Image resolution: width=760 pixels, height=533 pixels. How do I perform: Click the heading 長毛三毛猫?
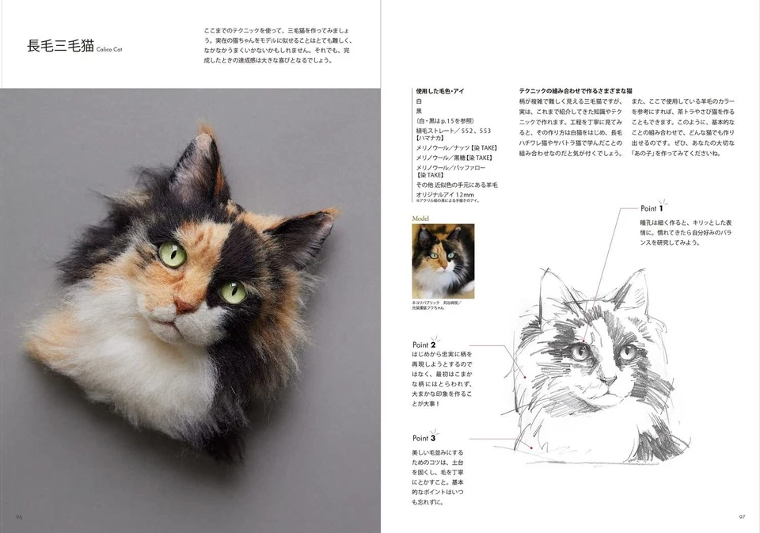[x=60, y=46]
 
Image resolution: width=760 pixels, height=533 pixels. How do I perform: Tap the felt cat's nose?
[x=184, y=306]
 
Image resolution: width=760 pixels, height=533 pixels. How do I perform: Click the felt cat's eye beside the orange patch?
[x=173, y=254]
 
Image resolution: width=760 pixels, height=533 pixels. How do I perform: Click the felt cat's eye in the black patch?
[x=232, y=291]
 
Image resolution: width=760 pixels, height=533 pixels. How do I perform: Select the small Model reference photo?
[x=443, y=261]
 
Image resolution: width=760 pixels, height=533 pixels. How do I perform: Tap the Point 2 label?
[x=424, y=345]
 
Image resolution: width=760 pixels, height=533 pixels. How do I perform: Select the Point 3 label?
[x=424, y=437]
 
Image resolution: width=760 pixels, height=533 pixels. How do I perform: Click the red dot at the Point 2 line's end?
[x=524, y=377]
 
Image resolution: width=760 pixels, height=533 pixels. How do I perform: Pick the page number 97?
[x=742, y=516]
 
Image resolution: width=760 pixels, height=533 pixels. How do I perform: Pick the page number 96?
[x=18, y=516]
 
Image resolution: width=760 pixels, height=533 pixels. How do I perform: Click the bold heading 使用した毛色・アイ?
[x=441, y=92]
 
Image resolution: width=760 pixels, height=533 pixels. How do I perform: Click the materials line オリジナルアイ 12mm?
[x=445, y=194]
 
